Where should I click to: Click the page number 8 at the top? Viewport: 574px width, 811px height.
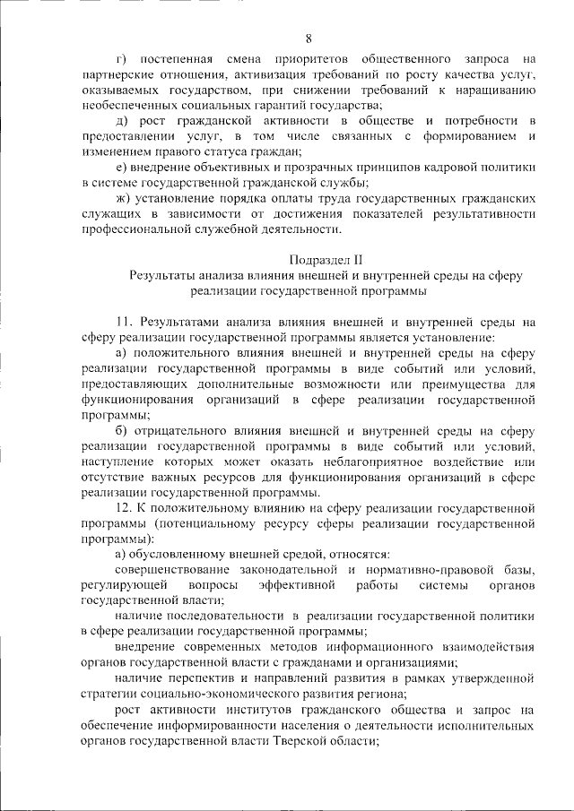click(309, 38)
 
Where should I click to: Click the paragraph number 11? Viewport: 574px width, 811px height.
click(125, 321)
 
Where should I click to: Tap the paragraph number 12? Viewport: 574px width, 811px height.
click(125, 508)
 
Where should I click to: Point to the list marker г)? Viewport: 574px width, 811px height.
click(122, 58)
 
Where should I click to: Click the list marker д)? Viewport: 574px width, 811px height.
click(123, 120)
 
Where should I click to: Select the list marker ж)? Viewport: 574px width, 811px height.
click(125, 198)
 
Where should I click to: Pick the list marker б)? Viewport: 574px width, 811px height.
click(123, 430)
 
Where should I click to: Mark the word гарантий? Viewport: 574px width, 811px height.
click(300, 105)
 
